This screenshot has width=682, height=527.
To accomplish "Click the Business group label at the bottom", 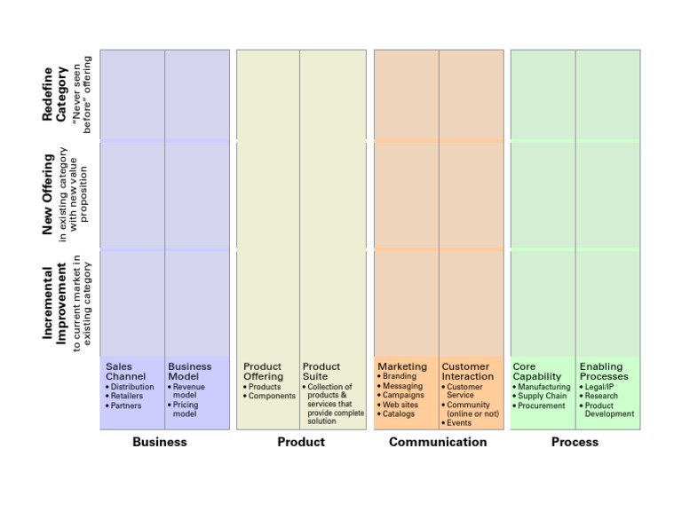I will point(160,442).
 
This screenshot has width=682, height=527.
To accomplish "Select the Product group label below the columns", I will point(301,442).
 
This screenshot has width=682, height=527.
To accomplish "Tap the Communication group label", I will point(438,442).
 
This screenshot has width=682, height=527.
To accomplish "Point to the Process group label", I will point(575,442).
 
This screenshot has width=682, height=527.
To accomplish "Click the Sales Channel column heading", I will point(125,372).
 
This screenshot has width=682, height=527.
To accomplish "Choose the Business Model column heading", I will point(189,372).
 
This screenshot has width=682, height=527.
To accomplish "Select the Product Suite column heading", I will point(321,372).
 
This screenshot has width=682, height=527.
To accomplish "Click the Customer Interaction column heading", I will point(467,372).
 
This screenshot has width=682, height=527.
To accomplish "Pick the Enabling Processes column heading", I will point(604,372).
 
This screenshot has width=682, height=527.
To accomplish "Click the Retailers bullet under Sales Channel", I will point(126,397).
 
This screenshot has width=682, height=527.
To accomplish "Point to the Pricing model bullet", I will point(185,410).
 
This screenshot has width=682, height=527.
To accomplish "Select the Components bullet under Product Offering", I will point(271,397).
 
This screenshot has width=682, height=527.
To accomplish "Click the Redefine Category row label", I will point(54,94).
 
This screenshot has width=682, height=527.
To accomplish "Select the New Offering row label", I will point(48,195).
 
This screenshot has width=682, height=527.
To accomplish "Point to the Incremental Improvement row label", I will point(54,303).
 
